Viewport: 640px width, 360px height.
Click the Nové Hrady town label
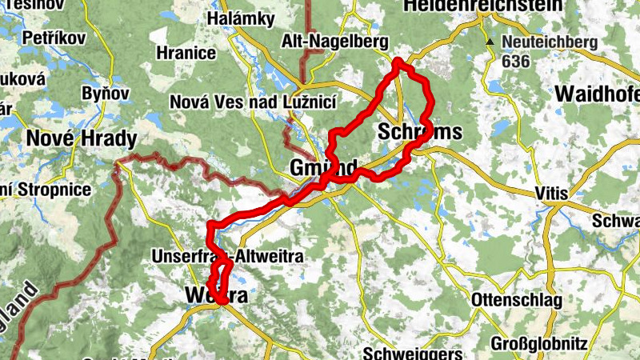(82, 138)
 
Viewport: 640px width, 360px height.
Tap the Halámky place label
(241, 18)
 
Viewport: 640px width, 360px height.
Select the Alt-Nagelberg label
(335, 42)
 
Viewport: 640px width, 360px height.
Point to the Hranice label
(187, 54)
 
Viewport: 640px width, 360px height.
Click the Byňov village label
(105, 94)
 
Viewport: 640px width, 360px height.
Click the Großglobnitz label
(540, 345)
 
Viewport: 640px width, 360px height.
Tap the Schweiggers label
(413, 353)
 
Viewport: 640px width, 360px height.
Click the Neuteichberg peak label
(550, 42)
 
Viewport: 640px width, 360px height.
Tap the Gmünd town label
(323, 169)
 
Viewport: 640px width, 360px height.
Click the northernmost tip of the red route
(398, 61)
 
